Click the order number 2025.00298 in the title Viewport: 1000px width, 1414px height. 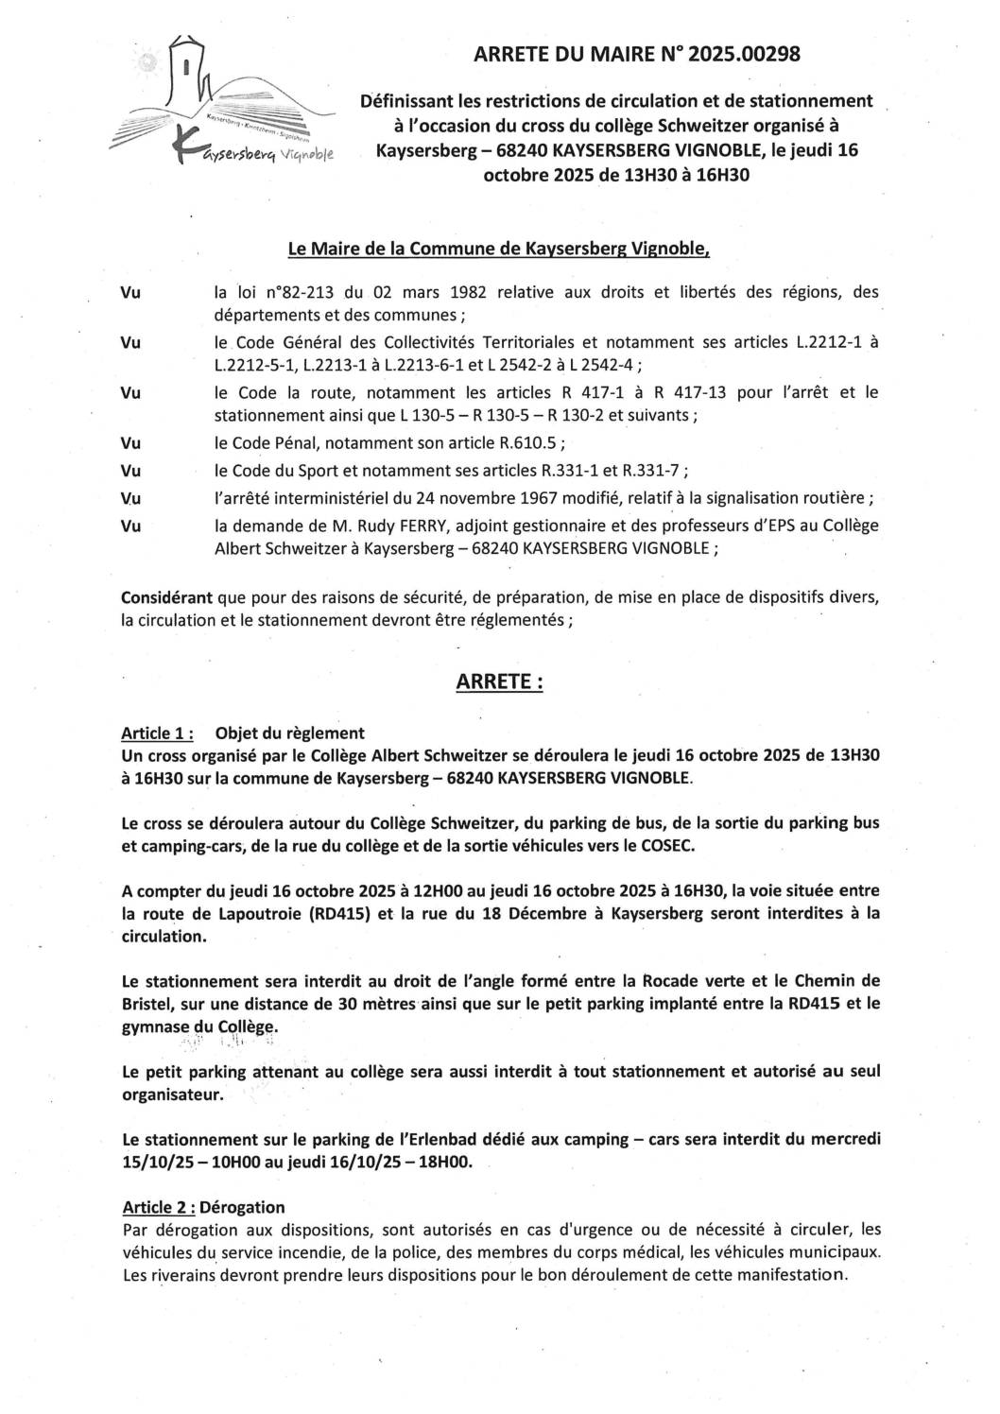pyautogui.click(x=744, y=55)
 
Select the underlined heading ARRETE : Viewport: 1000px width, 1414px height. pyautogui.click(x=499, y=681)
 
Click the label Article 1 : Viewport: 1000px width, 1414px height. pyautogui.click(x=158, y=733)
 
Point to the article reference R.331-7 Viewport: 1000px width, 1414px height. pyautogui.click(x=652, y=471)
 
